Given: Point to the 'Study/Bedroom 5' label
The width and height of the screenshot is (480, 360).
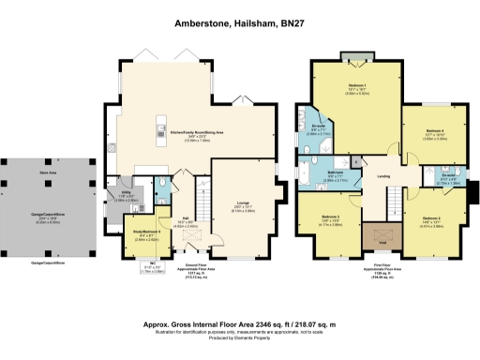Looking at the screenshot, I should point(141,231).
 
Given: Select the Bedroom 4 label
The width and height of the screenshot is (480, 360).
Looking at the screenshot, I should point(433,131).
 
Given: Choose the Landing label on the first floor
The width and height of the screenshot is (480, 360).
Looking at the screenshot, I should point(384,175).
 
